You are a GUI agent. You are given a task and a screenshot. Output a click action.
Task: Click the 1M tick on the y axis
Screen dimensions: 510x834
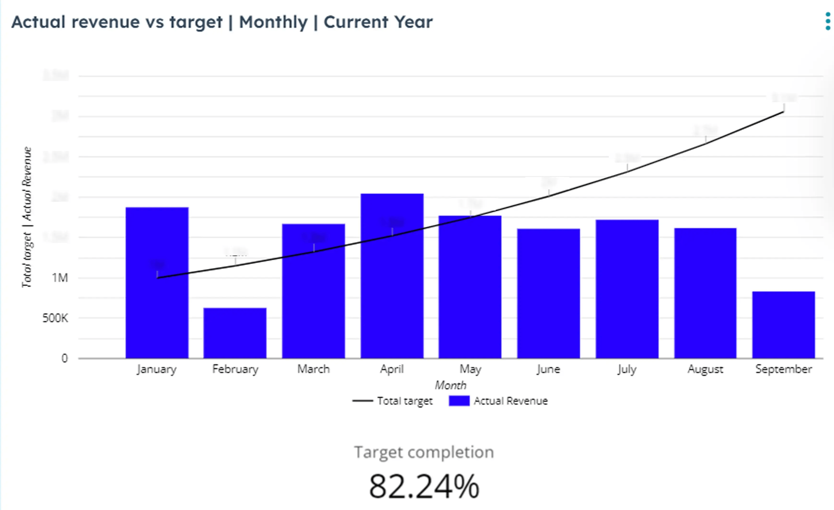pyautogui.click(x=60, y=278)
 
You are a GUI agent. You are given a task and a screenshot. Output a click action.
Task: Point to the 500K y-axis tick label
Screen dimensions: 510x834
pyautogui.click(x=55, y=318)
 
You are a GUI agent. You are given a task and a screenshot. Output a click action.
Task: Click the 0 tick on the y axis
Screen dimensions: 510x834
pyautogui.click(x=64, y=358)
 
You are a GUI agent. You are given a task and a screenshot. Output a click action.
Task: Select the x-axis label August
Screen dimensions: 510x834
pyautogui.click(x=705, y=369)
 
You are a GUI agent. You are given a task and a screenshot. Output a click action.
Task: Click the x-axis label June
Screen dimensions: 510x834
pyautogui.click(x=548, y=369)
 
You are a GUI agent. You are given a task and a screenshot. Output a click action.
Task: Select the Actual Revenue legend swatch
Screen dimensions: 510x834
pyautogui.click(x=459, y=401)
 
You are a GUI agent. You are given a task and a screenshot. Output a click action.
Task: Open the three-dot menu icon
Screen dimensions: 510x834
pyautogui.click(x=828, y=21)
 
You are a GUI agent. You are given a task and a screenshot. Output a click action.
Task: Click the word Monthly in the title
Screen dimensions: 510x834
pyautogui.click(x=273, y=22)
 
